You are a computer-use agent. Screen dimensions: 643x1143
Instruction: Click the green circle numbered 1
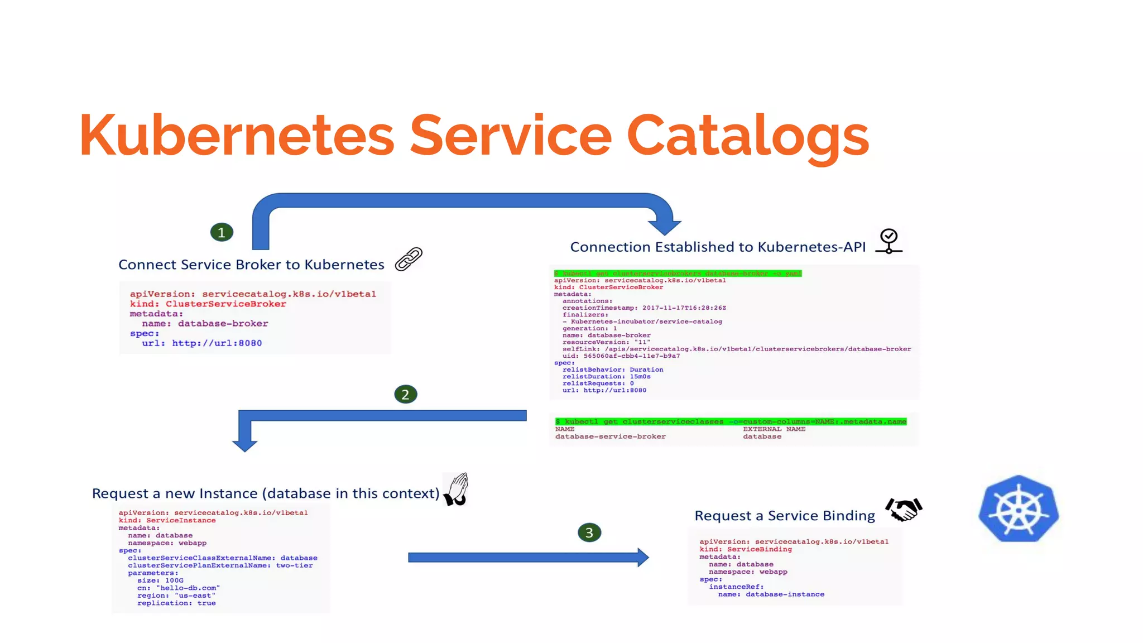click(222, 232)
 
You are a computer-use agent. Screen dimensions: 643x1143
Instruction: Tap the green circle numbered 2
click(406, 395)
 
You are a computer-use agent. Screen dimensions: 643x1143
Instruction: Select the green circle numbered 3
click(589, 532)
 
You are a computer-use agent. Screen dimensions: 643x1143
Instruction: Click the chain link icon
click(409, 260)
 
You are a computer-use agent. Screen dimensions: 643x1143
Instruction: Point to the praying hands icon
click(457, 489)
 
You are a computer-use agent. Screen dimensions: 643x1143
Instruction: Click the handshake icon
click(904, 509)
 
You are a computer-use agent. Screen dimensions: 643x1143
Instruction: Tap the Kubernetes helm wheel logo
click(1019, 509)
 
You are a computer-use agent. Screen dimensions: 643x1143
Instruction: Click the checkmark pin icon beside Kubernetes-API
click(889, 241)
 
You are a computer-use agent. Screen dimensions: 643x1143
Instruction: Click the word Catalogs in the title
click(748, 135)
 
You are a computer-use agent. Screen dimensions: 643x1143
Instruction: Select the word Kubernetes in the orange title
click(237, 135)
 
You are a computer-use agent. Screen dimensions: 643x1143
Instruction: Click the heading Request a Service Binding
click(784, 516)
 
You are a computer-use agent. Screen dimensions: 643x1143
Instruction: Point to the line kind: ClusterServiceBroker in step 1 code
click(208, 304)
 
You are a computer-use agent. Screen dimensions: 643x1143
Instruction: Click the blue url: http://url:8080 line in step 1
click(201, 343)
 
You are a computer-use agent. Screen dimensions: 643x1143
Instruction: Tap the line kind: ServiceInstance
click(167, 520)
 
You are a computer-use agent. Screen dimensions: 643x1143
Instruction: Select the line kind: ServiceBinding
click(746, 549)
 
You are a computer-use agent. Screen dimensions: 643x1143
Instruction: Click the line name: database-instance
click(771, 594)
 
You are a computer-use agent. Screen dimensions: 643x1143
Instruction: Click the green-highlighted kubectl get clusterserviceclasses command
click(731, 421)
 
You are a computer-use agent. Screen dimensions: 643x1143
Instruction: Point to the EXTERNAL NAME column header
click(774, 429)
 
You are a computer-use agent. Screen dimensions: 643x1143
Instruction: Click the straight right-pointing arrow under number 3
click(527, 557)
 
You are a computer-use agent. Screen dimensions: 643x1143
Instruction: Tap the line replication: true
click(176, 603)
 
